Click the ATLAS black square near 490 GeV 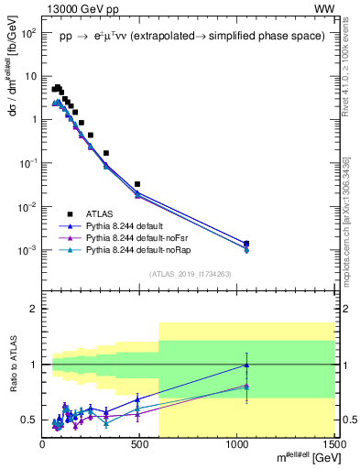(137, 184)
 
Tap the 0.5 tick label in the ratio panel (29, 420)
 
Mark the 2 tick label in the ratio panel (34, 310)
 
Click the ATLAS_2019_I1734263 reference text (187, 274)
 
